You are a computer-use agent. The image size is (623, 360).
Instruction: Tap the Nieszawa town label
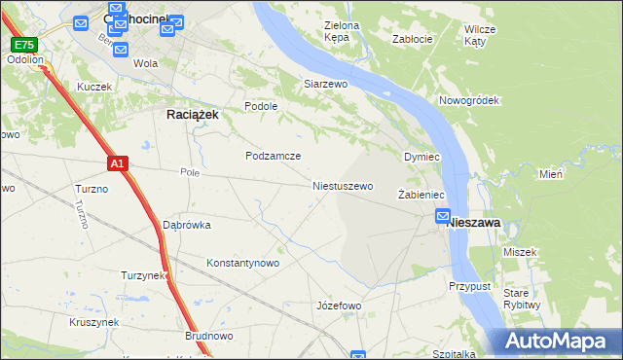(474, 223)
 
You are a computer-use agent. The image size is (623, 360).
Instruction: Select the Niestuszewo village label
(343, 185)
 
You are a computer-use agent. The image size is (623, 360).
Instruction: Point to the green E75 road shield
(23, 45)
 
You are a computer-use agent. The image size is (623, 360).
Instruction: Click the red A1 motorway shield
(117, 164)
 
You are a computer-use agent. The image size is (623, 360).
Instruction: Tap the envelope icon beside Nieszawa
(443, 216)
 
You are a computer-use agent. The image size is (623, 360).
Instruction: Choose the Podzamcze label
(273, 156)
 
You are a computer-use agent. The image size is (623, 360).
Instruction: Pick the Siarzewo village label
(325, 85)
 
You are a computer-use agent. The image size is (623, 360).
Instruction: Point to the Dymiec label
(422, 157)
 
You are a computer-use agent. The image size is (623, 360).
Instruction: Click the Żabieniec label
(421, 196)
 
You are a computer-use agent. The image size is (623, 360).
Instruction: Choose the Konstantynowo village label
(243, 263)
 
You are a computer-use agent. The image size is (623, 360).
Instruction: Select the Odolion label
(24, 59)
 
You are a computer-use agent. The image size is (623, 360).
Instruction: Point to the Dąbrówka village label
(187, 225)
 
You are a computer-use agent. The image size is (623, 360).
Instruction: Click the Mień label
(551, 175)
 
